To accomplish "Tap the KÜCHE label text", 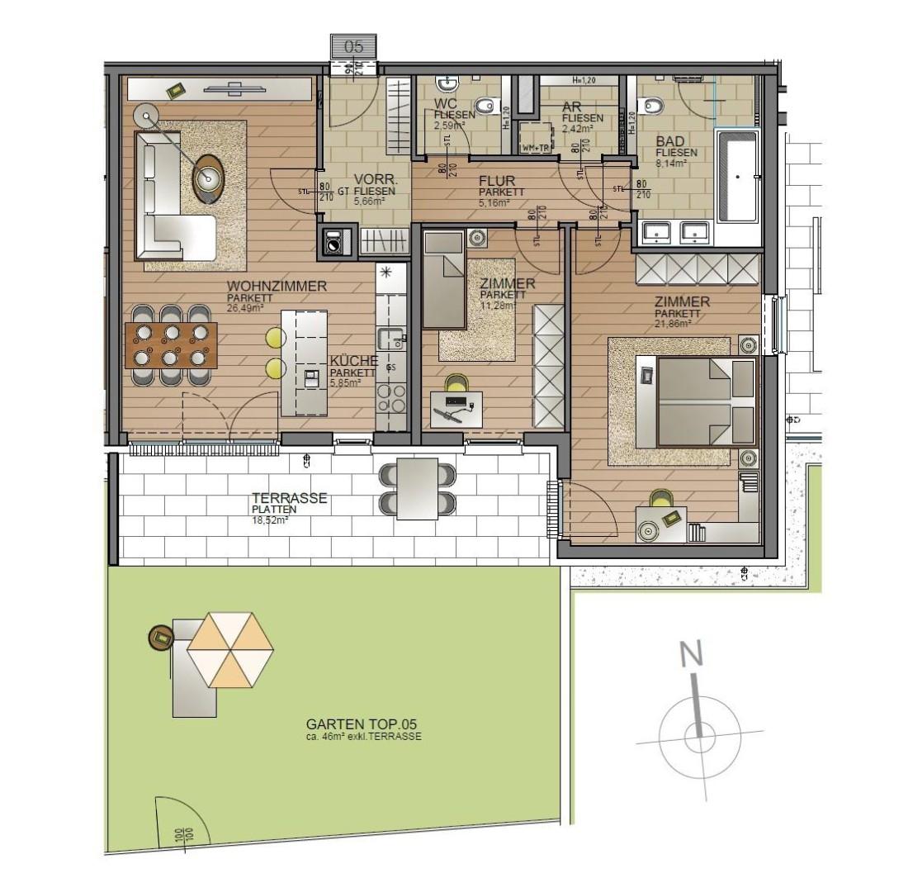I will point(353,361).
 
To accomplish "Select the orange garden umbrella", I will point(230,649).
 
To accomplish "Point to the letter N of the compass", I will point(691,655).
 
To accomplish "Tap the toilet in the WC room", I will point(490,105).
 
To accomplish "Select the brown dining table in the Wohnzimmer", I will point(172,344).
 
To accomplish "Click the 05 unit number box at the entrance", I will point(353,46).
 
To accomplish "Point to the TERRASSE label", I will point(290,499).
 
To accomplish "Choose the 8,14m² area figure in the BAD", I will point(671,164).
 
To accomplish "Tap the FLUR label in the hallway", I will point(497,181).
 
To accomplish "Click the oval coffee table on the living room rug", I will point(209,176).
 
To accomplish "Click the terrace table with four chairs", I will point(417,488).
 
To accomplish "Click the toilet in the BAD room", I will point(653,105).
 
